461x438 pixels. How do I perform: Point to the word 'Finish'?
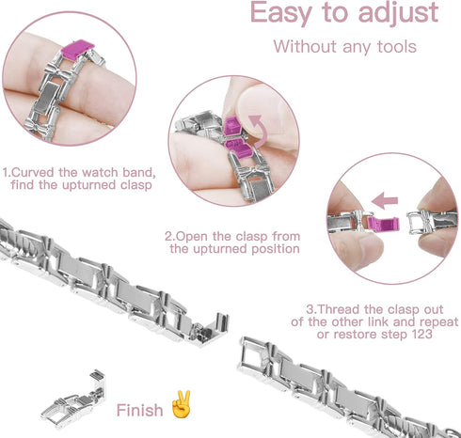coord(140,411)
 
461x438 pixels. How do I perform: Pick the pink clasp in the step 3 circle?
coord(357,224)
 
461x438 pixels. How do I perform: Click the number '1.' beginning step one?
coord(7,173)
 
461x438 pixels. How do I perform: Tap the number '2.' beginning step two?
coord(169,236)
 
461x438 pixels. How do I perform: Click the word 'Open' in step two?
coord(192,236)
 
